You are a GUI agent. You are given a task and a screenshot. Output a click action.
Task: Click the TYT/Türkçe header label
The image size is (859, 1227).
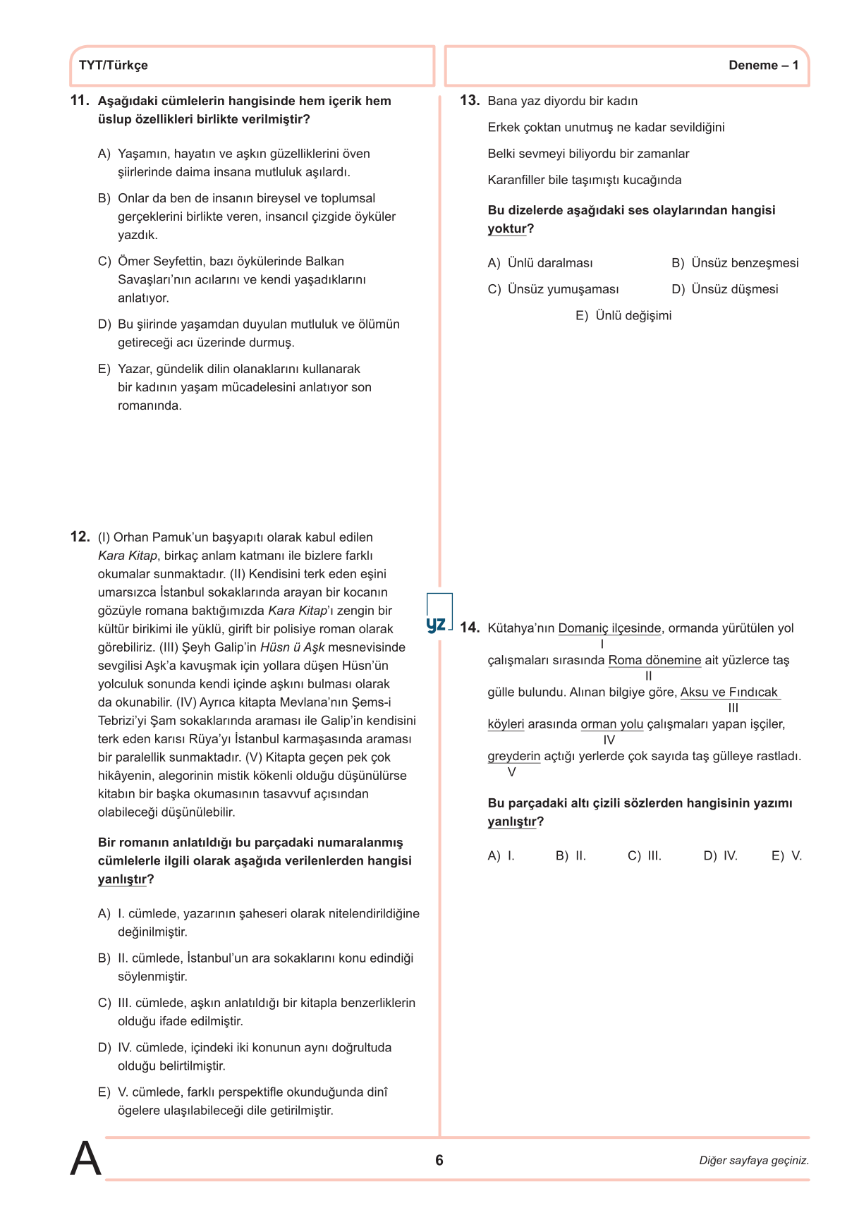(x=114, y=66)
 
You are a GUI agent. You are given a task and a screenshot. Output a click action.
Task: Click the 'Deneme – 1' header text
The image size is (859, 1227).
(x=763, y=66)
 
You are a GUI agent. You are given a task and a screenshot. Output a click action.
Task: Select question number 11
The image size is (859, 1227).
(x=80, y=101)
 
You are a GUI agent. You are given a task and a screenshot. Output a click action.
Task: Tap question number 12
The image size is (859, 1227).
(x=80, y=537)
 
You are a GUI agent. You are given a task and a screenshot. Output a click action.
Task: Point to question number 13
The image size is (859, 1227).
(x=469, y=101)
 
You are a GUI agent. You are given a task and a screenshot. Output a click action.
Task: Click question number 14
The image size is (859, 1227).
(x=469, y=628)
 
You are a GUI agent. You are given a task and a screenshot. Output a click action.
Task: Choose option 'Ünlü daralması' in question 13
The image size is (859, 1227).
(x=549, y=263)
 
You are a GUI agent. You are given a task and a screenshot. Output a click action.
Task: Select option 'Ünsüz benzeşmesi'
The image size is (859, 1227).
(x=744, y=263)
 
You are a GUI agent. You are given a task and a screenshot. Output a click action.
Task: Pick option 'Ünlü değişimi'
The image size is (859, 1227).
(x=633, y=315)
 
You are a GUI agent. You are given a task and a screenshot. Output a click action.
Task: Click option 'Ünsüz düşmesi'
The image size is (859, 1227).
(x=734, y=289)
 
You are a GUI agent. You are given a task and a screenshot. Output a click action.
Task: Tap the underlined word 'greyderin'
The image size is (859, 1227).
(x=513, y=756)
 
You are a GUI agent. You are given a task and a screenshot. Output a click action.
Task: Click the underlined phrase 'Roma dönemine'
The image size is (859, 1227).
(x=654, y=660)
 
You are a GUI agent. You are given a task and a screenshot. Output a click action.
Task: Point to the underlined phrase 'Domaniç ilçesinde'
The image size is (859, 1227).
(x=609, y=628)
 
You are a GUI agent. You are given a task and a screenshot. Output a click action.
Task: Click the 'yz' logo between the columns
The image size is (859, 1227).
(x=437, y=623)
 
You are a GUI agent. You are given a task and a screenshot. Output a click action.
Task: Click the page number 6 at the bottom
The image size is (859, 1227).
(x=439, y=1160)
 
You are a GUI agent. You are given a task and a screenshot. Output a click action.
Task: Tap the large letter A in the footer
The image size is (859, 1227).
(x=85, y=1159)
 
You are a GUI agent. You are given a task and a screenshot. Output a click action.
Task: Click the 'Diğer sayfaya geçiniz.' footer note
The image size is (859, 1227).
(x=754, y=1160)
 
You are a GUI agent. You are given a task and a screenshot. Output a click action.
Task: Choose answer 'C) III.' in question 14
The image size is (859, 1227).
(x=644, y=855)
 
